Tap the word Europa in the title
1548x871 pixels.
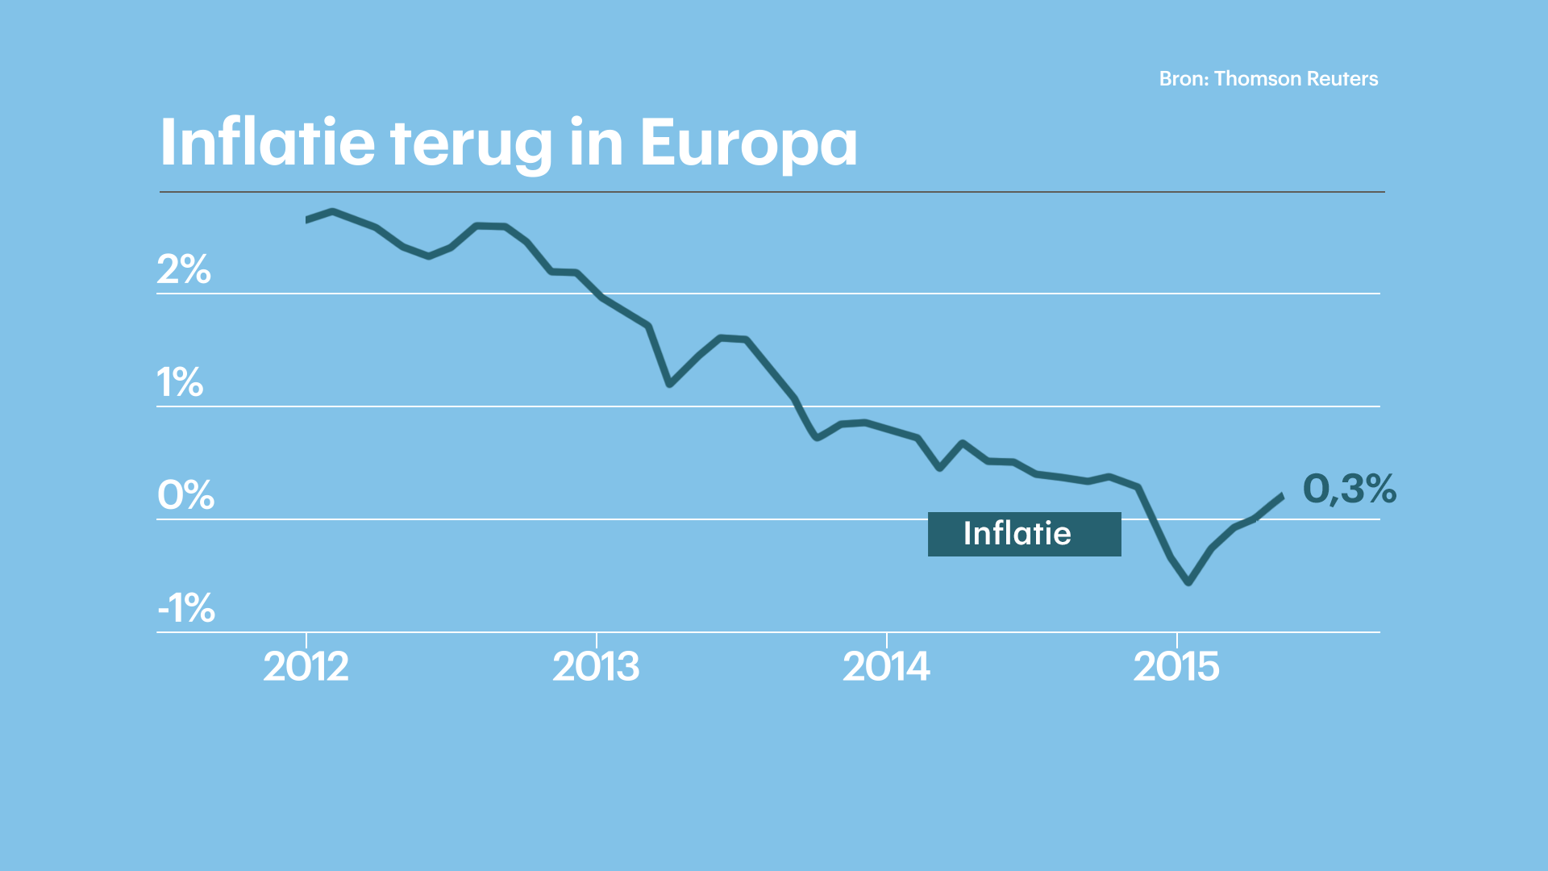(x=748, y=143)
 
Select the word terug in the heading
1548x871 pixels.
(x=470, y=143)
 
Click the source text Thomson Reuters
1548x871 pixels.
(x=1296, y=79)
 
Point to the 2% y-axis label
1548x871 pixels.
(x=183, y=269)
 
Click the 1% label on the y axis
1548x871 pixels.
(x=179, y=382)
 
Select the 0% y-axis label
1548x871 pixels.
(x=185, y=495)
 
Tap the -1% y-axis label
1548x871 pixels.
(x=185, y=608)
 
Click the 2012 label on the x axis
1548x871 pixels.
(x=306, y=667)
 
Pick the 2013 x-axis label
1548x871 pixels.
(x=596, y=667)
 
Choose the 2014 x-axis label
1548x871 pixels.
(x=886, y=667)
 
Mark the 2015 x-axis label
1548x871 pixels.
(x=1176, y=667)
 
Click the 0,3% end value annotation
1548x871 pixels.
(x=1349, y=489)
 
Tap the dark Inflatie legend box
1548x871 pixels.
(x=1024, y=534)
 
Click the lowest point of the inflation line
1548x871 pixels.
(x=1188, y=581)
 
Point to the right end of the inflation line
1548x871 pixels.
(x=1281, y=496)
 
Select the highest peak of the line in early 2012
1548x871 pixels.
(x=333, y=212)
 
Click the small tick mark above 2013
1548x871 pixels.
(x=596, y=640)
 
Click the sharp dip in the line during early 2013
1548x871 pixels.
(x=669, y=384)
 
